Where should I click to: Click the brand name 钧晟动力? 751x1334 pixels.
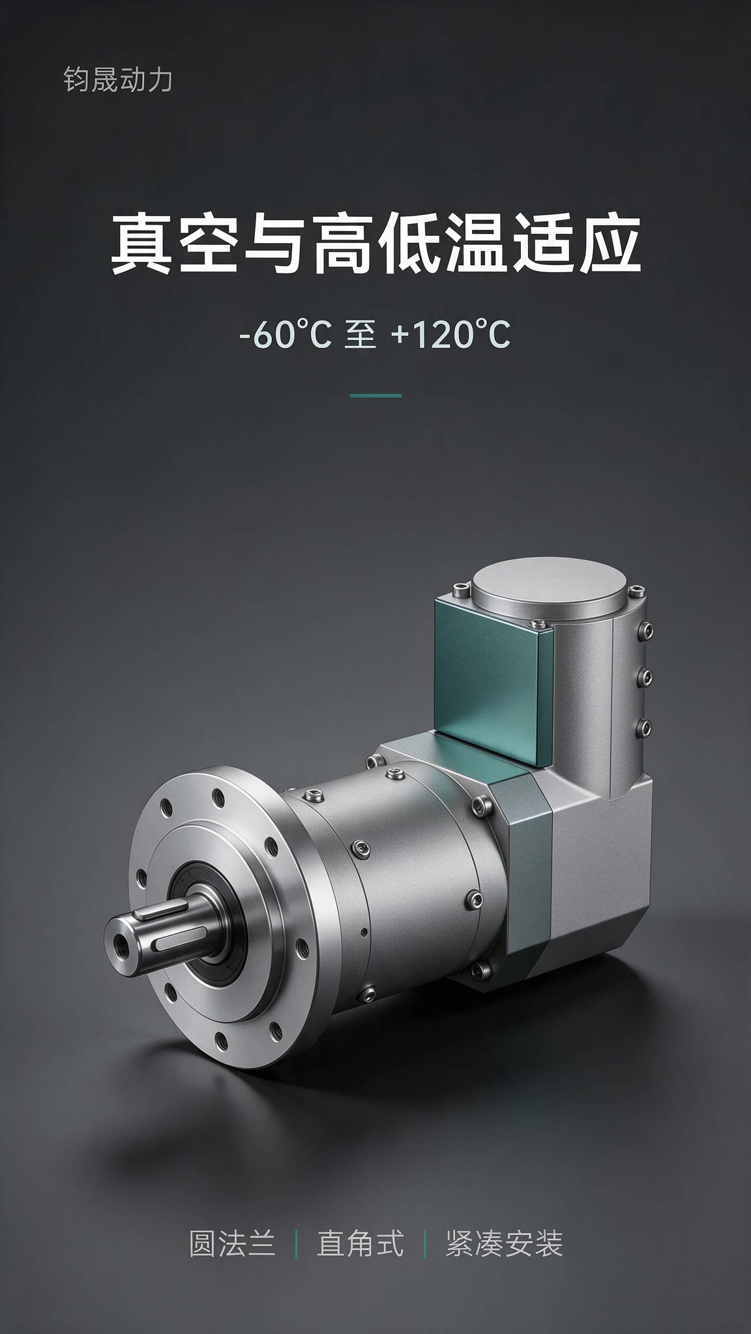point(118,80)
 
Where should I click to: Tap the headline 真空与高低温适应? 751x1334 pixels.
point(375,246)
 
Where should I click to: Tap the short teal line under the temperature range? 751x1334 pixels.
point(375,395)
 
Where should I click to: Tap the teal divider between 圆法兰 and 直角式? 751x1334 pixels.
point(297,1244)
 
